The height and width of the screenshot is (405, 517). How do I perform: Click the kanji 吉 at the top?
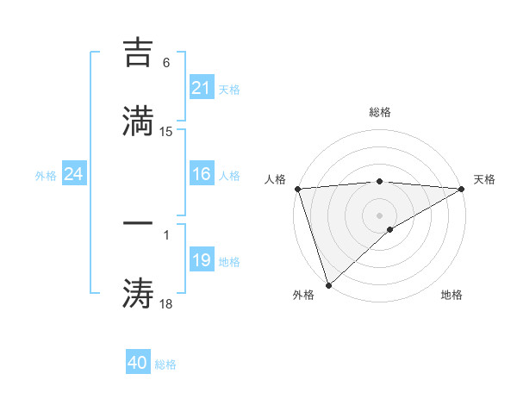coord(139,53)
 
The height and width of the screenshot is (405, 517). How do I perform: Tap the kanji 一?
coord(139,222)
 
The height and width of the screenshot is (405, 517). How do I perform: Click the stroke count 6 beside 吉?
coord(166,63)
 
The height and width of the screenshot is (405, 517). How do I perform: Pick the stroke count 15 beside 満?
coord(166,132)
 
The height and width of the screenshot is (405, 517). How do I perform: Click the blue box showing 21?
coord(201,88)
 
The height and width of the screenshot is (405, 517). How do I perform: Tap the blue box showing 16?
coord(201,175)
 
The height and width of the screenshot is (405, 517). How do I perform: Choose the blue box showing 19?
coord(201,260)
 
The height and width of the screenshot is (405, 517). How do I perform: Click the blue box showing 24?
coord(74,175)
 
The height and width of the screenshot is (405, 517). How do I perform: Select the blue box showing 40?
coord(138,363)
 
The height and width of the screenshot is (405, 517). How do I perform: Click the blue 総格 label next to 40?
coord(165,364)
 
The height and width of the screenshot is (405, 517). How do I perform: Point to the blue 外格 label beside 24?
coord(46,176)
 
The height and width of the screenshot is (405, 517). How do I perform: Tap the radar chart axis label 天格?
coord(484,179)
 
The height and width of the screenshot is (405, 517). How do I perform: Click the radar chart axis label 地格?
coord(452,296)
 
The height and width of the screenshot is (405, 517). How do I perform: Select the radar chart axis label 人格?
coord(274,179)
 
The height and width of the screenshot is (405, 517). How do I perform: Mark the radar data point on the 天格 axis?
coord(462,189)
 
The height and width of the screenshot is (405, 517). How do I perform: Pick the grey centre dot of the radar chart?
coord(379,215)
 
